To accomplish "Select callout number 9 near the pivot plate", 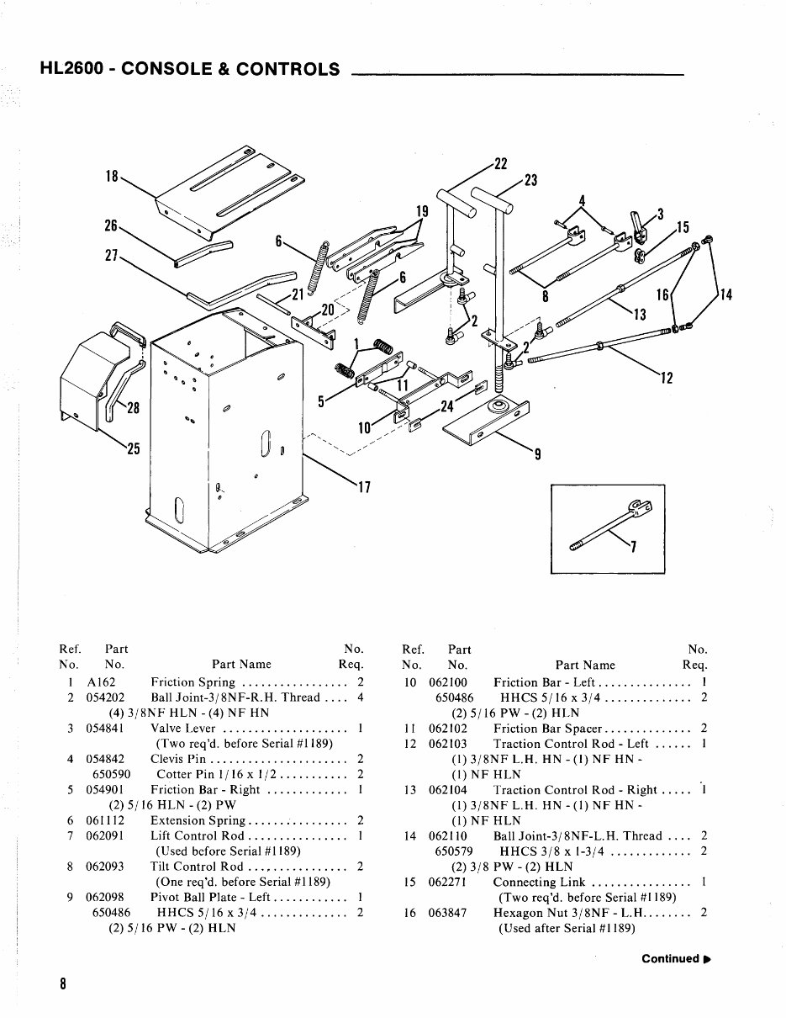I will [537, 455].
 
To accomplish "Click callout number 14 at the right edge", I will [725, 294].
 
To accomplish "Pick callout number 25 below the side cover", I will [133, 448].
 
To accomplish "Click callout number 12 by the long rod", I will [666, 378].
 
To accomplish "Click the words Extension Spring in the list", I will [198, 820].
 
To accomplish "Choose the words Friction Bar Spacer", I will [547, 729].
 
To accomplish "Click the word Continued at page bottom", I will [670, 959].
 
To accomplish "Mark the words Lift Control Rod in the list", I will [198, 835].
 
